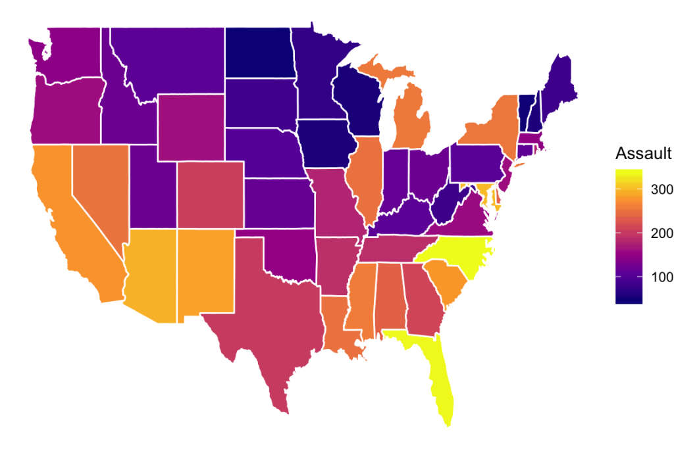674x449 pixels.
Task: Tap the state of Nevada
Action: pyautogui.click(x=99, y=187)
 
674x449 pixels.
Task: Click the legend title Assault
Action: pyautogui.click(x=643, y=154)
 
